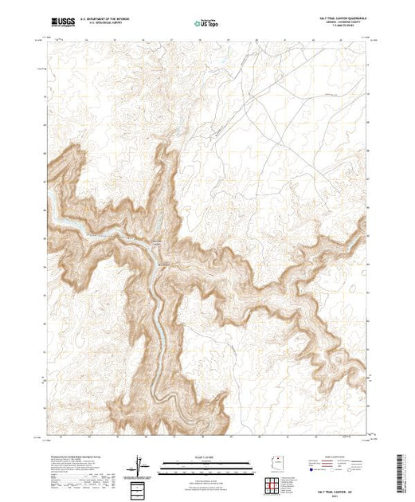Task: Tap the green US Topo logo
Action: (x=207, y=22)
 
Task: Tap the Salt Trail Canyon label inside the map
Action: (x=158, y=243)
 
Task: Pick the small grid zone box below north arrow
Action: (x=140, y=487)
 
